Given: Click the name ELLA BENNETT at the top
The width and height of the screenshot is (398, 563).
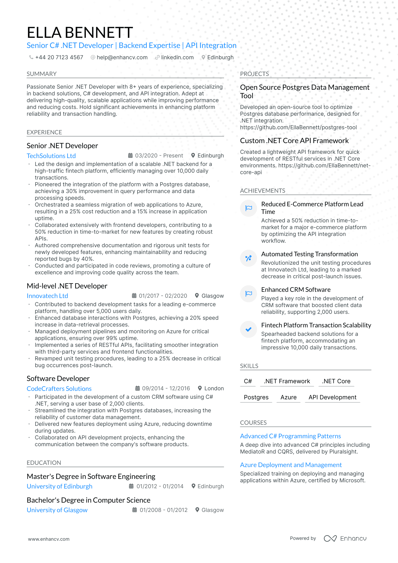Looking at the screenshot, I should point(80,32).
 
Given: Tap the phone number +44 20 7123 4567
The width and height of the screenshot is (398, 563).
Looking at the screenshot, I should point(59,57).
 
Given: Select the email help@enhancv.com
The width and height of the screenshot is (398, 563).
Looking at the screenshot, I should point(122,57).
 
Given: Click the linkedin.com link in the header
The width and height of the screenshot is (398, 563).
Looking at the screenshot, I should point(177,57).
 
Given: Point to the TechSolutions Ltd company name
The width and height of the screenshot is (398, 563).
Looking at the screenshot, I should point(51,156).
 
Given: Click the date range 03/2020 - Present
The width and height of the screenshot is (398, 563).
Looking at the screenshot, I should point(159,155).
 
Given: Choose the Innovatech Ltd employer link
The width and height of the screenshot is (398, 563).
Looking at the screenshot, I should point(47,296).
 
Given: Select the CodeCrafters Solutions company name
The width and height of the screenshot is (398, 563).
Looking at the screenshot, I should point(59,389).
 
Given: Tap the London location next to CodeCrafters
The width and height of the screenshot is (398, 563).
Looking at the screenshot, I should point(214,388).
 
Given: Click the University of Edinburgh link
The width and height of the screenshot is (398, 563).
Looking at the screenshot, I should point(59,486).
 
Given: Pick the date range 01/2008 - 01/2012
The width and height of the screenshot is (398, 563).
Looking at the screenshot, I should point(163,510).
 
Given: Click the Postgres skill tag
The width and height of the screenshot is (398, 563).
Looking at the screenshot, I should point(256,397).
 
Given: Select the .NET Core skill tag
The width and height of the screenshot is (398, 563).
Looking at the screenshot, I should point(336,381).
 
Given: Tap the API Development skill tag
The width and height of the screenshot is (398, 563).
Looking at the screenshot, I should point(332,397).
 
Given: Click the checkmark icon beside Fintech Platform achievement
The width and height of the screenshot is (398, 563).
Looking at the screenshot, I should point(248,329).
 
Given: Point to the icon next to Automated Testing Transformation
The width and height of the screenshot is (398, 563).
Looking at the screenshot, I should point(248,258).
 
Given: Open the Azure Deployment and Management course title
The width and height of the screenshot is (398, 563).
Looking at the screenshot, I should point(291,465).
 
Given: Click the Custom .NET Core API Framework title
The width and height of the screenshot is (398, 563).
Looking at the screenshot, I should point(294,141).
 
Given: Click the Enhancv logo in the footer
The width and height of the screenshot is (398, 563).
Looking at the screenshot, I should point(345,538).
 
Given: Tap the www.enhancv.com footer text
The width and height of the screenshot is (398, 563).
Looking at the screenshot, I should point(49,539).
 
